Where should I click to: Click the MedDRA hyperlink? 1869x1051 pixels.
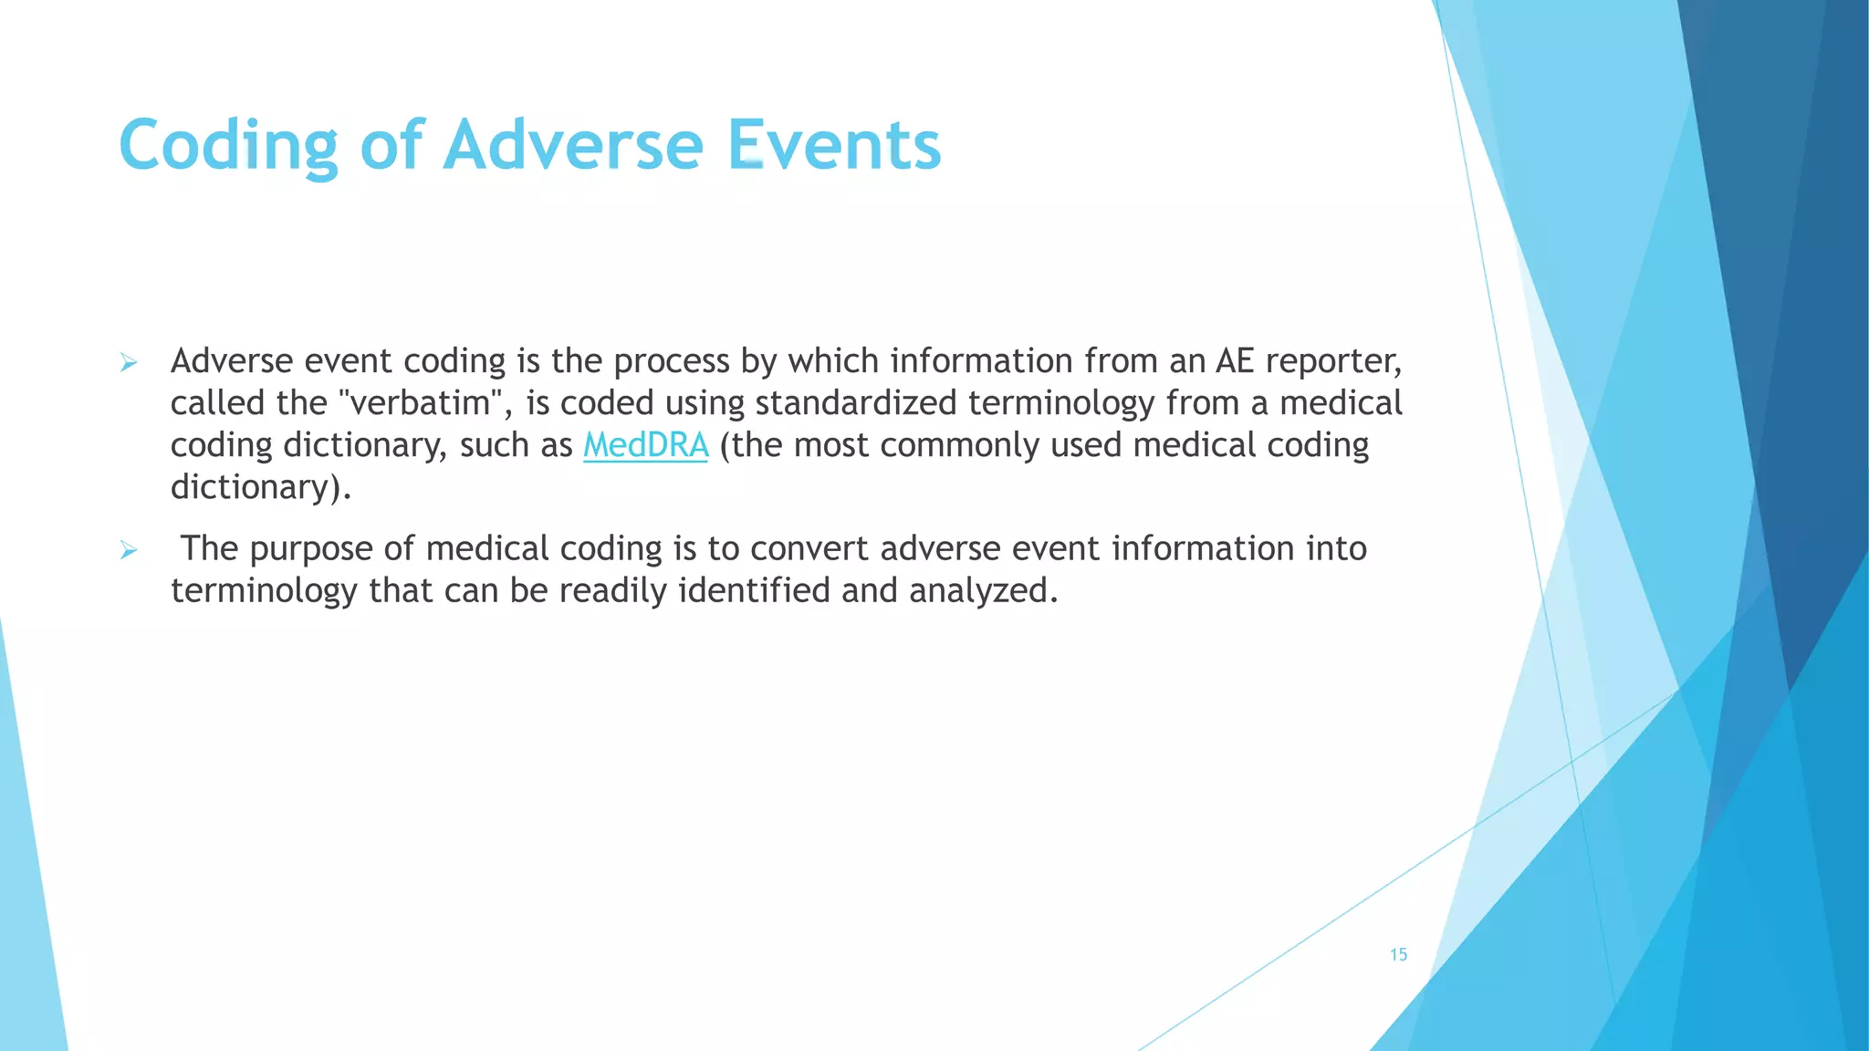[x=645, y=445]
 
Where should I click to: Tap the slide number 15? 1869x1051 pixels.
[x=1398, y=954]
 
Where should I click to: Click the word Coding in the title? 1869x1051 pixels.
[x=228, y=146]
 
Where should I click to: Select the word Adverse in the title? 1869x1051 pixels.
[x=573, y=146]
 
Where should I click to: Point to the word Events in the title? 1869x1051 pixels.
[x=833, y=146]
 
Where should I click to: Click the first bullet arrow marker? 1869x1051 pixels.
[x=129, y=363]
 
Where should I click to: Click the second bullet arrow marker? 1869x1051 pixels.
[x=129, y=550]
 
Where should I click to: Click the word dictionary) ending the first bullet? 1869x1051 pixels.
[x=260, y=487]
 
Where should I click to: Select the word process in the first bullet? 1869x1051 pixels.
[x=671, y=361]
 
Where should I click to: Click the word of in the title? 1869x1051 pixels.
[x=392, y=146]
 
